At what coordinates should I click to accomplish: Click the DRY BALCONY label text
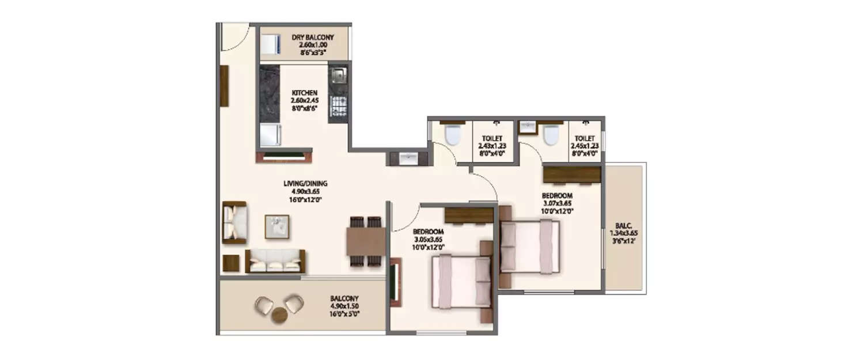(312, 38)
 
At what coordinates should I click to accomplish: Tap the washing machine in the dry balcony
(270, 45)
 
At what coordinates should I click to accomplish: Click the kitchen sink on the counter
(338, 75)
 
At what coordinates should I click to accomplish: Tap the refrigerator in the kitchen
(270, 135)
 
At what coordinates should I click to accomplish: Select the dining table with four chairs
(366, 241)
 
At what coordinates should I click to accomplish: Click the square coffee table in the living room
(276, 226)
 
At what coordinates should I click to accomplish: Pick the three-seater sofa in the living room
(276, 262)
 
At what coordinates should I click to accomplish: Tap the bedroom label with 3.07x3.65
(557, 203)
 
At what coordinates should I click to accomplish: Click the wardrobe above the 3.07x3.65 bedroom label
(572, 174)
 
